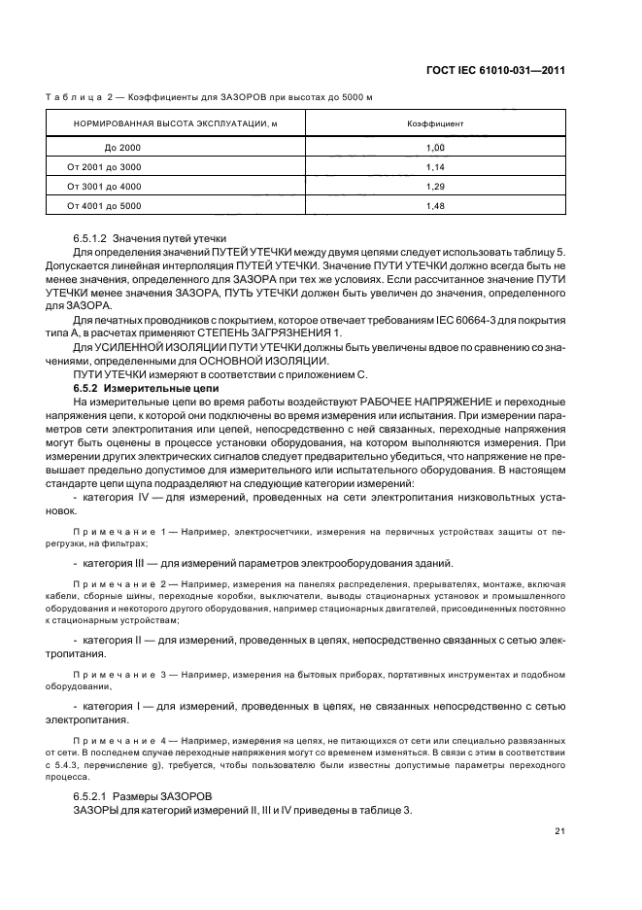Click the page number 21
tap(560, 830)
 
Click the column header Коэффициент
tap(434, 124)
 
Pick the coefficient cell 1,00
tap(434, 147)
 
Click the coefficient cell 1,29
tap(434, 186)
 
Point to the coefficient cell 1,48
tap(434, 205)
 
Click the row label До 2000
tap(122, 147)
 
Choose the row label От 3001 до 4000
tap(104, 186)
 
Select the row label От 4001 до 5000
tap(104, 205)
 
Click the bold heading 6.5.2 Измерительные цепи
tap(140, 388)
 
